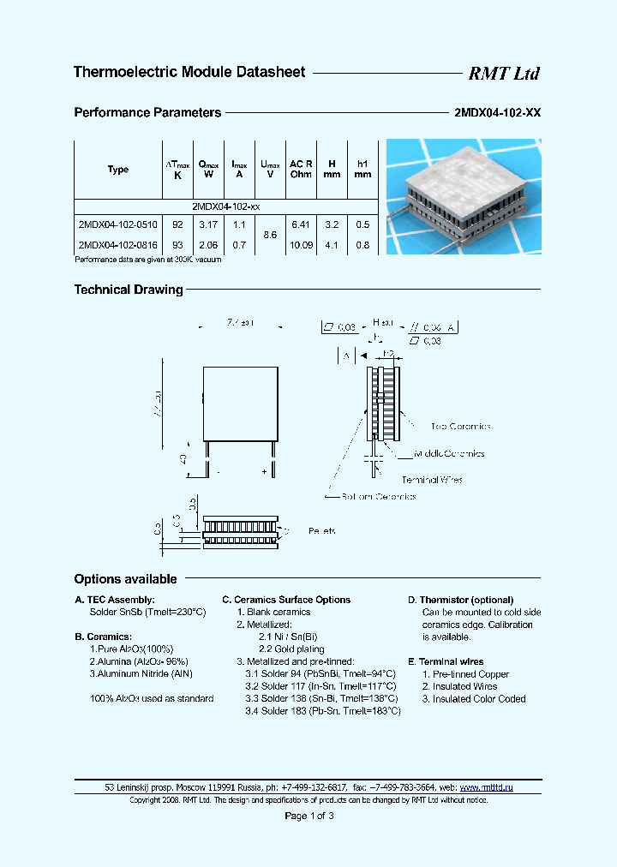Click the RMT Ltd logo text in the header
point(503,74)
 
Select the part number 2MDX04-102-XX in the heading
point(496,113)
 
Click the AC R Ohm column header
point(301,169)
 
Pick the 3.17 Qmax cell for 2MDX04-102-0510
point(207,224)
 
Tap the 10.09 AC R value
point(301,244)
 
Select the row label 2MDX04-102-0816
point(117,244)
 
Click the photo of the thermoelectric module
point(463,197)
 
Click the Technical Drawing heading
point(129,290)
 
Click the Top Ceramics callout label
point(460,426)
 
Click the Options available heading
point(125,579)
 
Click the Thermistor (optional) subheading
point(460,600)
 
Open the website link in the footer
point(487,786)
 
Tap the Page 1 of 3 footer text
point(308,816)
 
